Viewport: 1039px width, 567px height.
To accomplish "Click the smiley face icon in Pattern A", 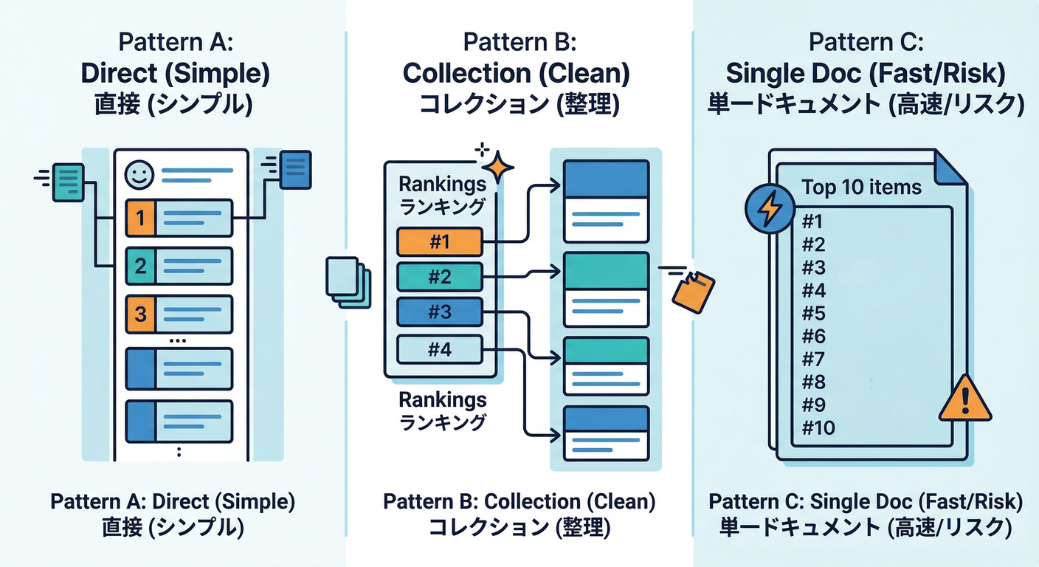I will [139, 175].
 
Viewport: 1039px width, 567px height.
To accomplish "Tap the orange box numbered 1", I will [141, 218].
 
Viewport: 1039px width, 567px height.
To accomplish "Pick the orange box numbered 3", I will [141, 314].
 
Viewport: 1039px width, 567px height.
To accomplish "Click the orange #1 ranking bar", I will [439, 241].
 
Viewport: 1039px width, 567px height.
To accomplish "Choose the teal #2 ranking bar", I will [439, 277].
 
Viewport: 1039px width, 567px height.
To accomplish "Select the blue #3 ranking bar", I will [439, 312].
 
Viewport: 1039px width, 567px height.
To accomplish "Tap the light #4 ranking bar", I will [439, 348].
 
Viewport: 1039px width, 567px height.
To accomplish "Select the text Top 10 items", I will [861, 187].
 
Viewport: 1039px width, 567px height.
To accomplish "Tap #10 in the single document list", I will [818, 427].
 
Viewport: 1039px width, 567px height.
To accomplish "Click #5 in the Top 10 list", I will [812, 313].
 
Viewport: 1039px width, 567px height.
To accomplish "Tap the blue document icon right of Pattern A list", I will [297, 169].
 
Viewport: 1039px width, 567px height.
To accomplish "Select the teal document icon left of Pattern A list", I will [68, 181].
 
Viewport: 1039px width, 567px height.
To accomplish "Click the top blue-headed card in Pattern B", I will [606, 201].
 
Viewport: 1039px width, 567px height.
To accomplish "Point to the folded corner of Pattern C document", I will [950, 167].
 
